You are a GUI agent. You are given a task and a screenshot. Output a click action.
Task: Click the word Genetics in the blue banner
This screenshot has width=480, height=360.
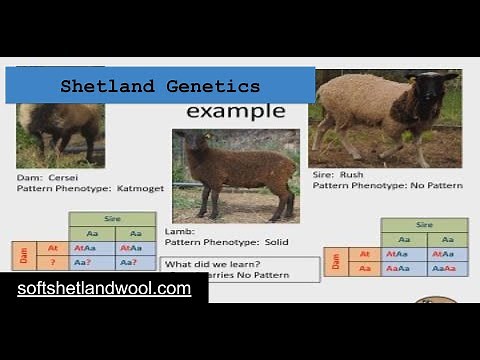coord(211,86)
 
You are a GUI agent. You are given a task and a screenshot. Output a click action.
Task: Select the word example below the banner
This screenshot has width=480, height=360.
coord(235,111)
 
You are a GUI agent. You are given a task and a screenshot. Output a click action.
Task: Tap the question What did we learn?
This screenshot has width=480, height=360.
coord(206,263)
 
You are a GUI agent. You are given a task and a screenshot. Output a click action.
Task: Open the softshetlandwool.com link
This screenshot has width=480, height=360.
coord(103,289)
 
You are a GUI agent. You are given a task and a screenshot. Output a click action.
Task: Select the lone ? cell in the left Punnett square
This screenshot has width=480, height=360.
coord(53,263)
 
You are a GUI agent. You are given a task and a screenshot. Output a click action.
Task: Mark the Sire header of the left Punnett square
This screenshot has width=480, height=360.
coord(112,218)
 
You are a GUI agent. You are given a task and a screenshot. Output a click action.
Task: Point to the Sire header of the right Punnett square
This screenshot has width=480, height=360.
coord(425,224)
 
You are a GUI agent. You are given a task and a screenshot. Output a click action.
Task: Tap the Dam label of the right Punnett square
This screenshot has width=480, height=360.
coord(336,261)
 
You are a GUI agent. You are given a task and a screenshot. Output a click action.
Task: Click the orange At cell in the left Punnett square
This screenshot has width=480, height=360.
coord(53,247)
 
